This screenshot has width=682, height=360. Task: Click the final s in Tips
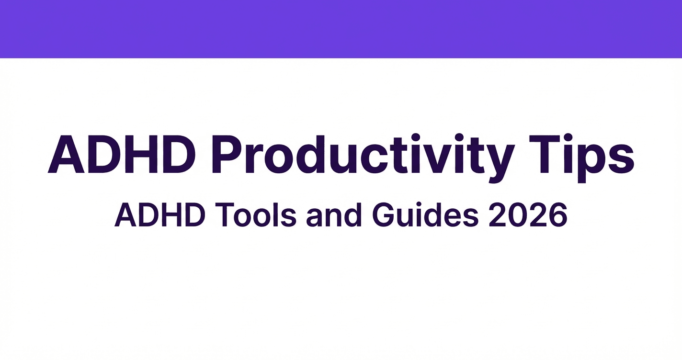click(x=621, y=158)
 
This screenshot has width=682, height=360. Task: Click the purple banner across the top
click(x=341, y=29)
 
